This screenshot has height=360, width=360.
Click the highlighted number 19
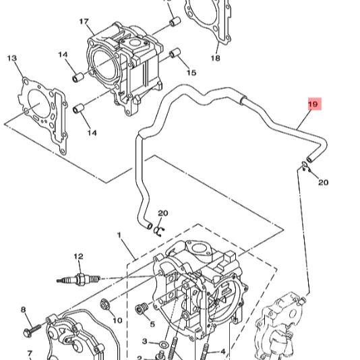tap(313, 104)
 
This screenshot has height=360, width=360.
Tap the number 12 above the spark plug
tap(78, 256)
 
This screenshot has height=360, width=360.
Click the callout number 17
tap(84, 22)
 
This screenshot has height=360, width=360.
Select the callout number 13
tap(11, 59)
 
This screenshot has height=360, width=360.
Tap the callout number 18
tap(215, 59)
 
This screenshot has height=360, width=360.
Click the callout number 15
tap(191, 73)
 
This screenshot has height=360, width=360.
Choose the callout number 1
tap(119, 235)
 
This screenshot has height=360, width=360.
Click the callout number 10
tap(117, 320)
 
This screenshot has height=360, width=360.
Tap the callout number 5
tap(152, 324)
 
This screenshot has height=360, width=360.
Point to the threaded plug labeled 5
tap(142, 309)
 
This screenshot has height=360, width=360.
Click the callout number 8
tap(24, 310)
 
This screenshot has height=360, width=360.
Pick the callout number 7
tap(30, 353)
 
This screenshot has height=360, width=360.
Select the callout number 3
tap(144, 342)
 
